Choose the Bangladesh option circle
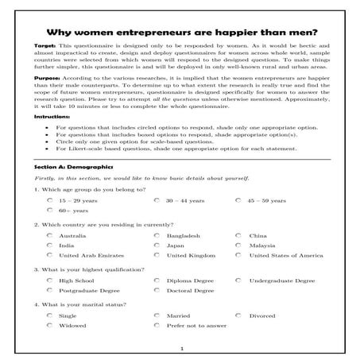(x=157, y=236)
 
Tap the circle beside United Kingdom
(x=157, y=256)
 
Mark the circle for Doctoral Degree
(x=157, y=291)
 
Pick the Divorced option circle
(x=238, y=315)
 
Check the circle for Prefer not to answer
(x=157, y=325)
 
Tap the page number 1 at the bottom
(x=181, y=349)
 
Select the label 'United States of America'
(x=287, y=256)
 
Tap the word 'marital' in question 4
(x=87, y=304)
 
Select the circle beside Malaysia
(x=238, y=246)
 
